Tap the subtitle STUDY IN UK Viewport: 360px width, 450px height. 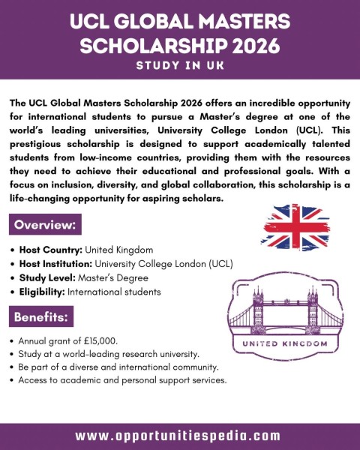point(180,66)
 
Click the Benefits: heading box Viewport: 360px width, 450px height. point(42,317)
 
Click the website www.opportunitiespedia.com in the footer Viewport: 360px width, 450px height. point(180,436)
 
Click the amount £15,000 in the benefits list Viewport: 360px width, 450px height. point(102,340)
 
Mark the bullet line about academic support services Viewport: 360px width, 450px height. point(121,381)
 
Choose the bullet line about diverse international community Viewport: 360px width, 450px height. point(121,367)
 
